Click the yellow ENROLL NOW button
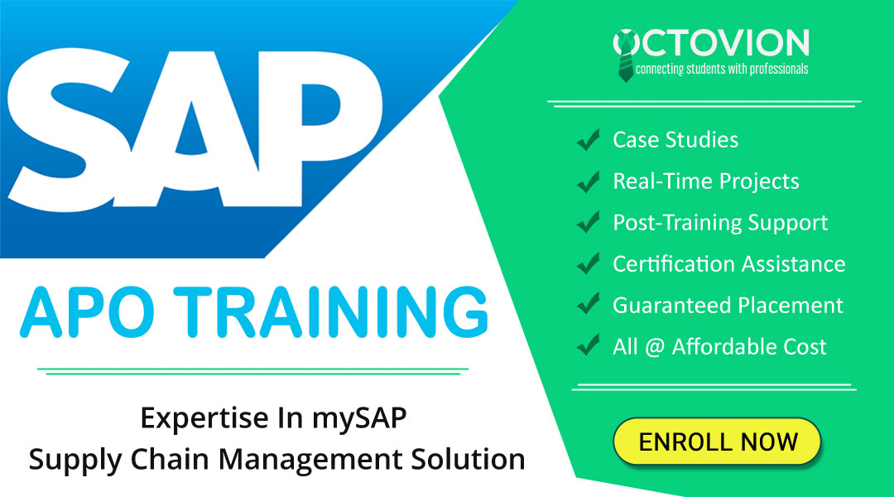tap(716, 441)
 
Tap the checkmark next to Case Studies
tap(589, 141)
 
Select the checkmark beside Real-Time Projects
tap(589, 182)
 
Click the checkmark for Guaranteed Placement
tap(589, 306)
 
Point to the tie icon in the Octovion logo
tap(626, 55)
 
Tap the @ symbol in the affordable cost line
tap(655, 347)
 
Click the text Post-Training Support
tap(720, 223)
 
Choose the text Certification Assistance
tap(728, 264)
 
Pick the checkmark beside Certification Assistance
tap(589, 265)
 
